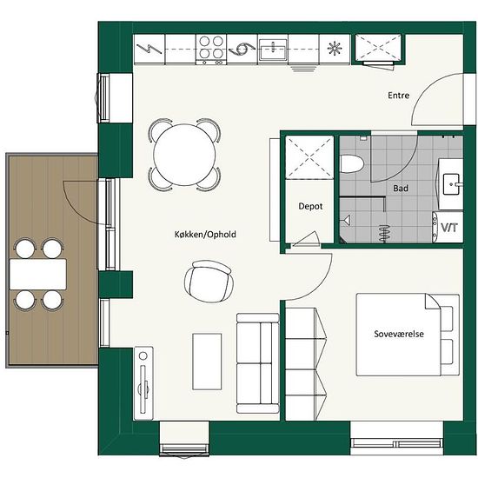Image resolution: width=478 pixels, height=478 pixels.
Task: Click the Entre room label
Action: point(398,96)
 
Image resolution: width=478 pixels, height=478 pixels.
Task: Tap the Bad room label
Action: point(401,189)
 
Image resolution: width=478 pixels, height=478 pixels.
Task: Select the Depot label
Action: point(310,206)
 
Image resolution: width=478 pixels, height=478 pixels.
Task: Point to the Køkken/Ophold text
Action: point(205,235)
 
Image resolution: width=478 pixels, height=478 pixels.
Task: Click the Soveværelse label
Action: point(399,334)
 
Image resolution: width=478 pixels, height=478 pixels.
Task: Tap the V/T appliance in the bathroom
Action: point(448,228)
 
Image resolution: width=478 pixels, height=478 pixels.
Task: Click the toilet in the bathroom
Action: point(352,164)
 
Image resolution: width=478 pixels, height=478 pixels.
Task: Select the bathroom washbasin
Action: point(451,184)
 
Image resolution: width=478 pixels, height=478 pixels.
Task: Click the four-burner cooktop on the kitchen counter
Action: point(211,50)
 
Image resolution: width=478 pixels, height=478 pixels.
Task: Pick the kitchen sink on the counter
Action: point(273,50)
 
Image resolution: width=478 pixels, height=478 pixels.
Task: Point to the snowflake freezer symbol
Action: point(335,49)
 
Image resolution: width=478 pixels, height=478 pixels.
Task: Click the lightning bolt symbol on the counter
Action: point(149,49)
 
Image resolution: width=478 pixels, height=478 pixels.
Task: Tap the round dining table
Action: point(184,155)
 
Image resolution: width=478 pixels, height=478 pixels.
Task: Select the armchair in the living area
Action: point(209,281)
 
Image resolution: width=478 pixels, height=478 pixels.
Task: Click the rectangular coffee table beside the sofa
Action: point(207,362)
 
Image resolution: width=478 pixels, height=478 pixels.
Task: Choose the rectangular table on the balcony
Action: point(37,274)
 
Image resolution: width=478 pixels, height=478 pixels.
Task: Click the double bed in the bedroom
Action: point(408,335)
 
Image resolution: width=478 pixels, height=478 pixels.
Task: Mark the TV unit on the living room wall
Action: point(143,383)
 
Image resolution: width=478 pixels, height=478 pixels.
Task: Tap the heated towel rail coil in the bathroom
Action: point(385,233)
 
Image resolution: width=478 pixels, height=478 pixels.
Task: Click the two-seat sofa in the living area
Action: point(258,363)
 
